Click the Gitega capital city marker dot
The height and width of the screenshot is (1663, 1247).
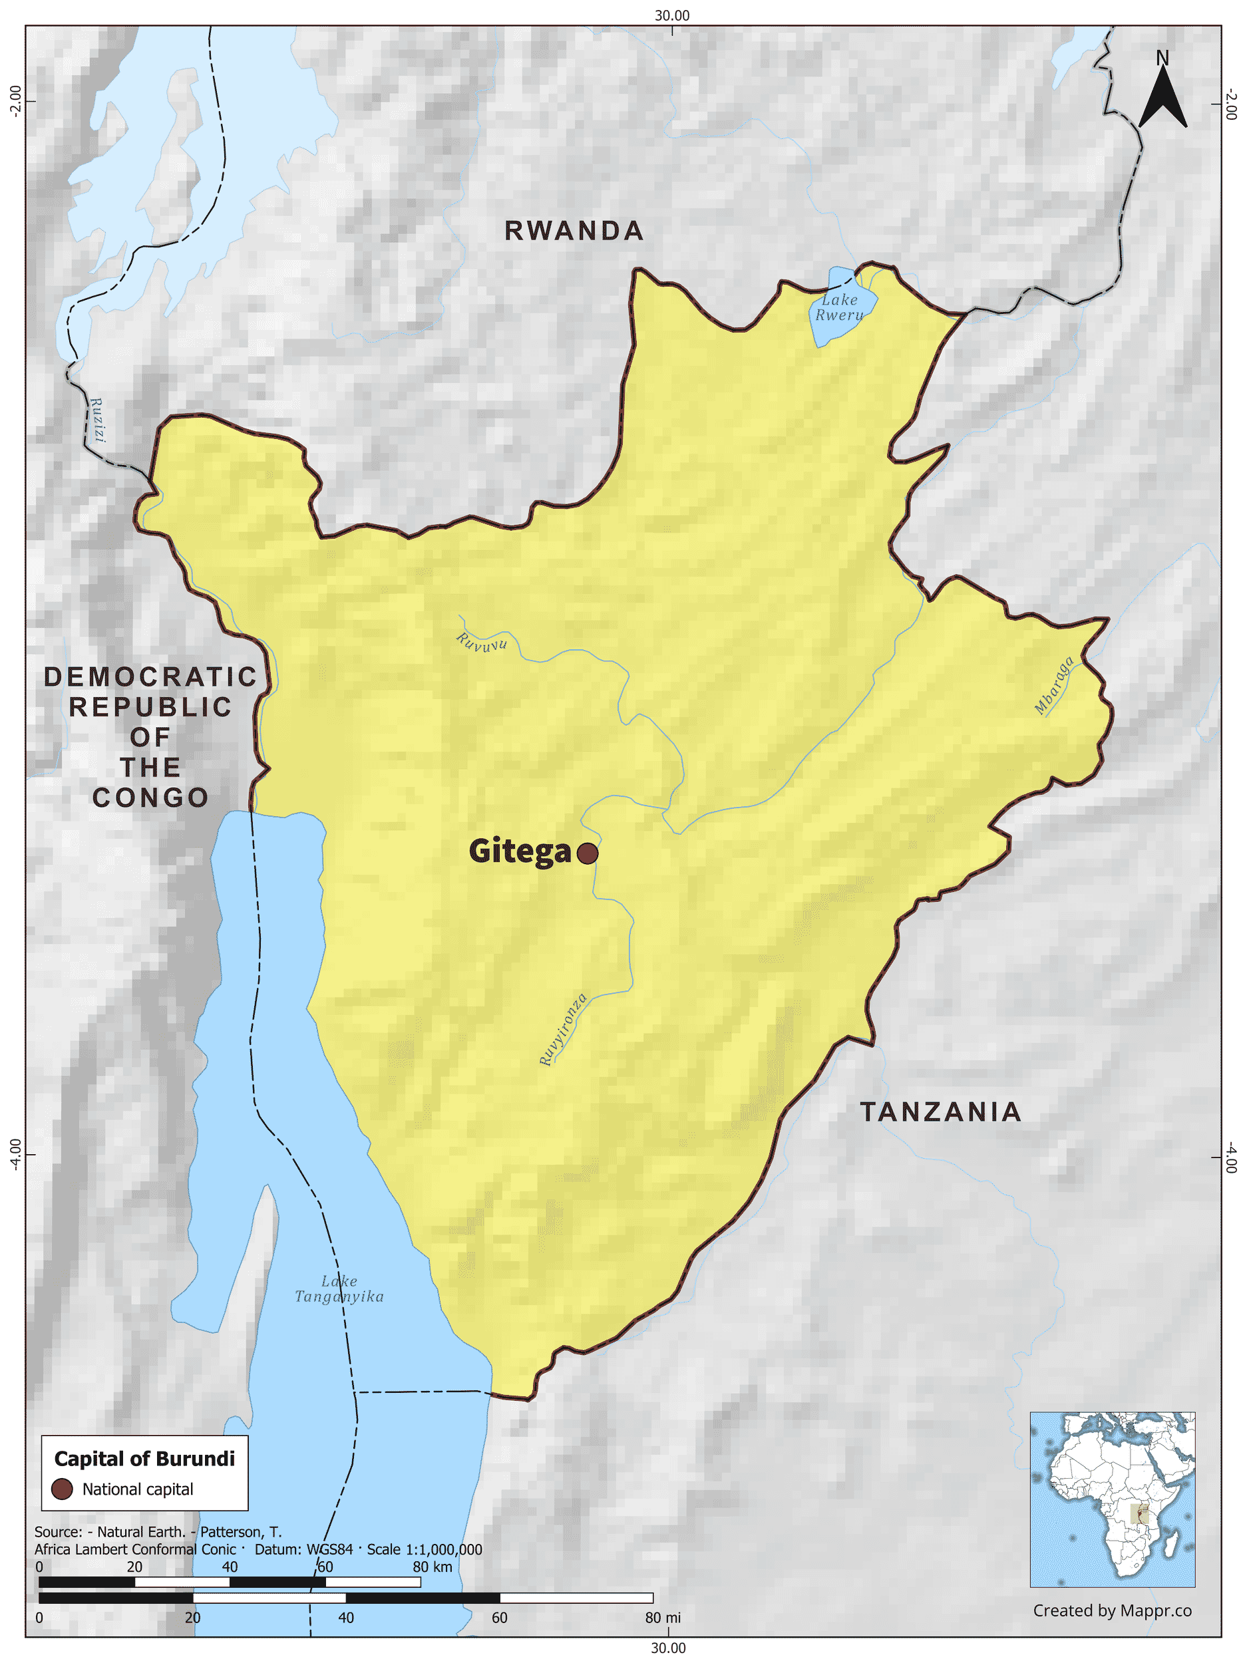[588, 853]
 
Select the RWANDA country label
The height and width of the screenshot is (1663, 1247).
[574, 231]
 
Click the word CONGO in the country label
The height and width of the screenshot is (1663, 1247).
[150, 798]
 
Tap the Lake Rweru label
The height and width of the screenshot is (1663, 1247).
[839, 307]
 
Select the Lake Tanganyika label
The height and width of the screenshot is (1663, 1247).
[339, 1288]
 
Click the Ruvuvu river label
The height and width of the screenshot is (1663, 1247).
[481, 642]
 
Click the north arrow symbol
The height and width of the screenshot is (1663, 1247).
[1162, 94]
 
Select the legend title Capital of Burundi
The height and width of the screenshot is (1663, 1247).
[144, 1459]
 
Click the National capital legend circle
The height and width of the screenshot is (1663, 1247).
[62, 1489]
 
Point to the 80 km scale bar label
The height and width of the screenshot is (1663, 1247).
[433, 1567]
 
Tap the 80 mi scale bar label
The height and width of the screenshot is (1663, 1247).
[662, 1617]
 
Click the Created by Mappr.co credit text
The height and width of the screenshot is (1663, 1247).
[1112, 1610]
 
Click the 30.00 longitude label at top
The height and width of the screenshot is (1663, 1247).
[671, 16]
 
